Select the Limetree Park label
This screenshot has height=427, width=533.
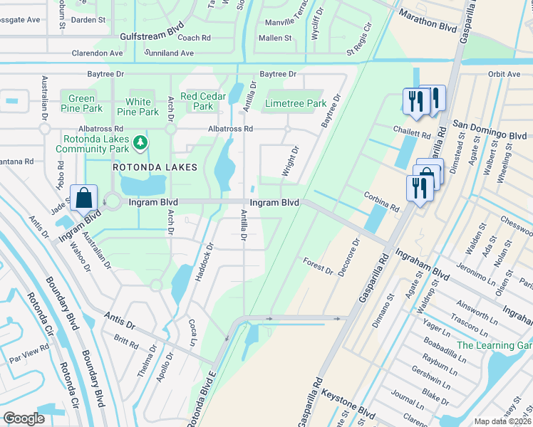pos(295,104)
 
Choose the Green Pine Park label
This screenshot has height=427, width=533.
pos(81,104)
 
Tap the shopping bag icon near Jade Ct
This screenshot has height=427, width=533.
pos(84,199)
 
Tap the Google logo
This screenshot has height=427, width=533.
pos(24,418)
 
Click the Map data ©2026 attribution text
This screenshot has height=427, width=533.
pos(502,421)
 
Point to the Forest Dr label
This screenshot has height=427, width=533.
pos(319,266)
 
